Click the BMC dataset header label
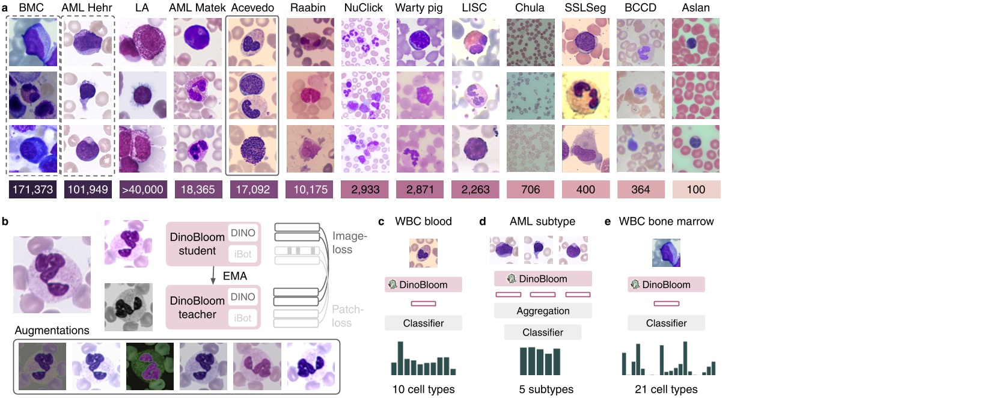[x=31, y=8]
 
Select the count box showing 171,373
[x=33, y=189]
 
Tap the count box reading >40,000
[x=142, y=189]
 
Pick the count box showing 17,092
[x=252, y=189]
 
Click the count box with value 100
[x=695, y=189]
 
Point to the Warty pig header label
[x=419, y=8]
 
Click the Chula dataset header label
[x=530, y=8]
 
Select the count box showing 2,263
[x=475, y=189]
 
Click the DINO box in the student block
[x=243, y=233]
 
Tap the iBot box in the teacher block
[x=243, y=318]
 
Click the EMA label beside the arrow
[x=234, y=276]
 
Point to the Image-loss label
[x=349, y=243]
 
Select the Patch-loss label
[x=347, y=316]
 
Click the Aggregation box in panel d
[x=543, y=311]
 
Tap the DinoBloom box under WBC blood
[x=423, y=284]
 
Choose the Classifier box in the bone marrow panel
[x=666, y=323]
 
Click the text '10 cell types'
[x=423, y=390]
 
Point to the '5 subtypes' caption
[x=546, y=390]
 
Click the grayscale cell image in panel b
[x=128, y=307]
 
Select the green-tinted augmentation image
[x=150, y=366]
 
